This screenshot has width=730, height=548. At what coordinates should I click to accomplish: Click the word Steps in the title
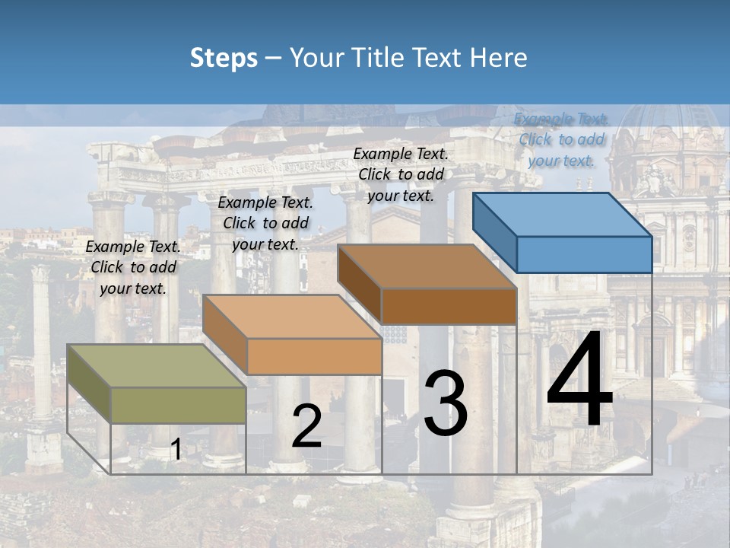[223, 58]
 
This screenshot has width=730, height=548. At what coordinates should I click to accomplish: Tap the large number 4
[579, 381]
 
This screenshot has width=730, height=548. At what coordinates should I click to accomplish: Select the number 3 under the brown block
[446, 403]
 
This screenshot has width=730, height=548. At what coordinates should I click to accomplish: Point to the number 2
[306, 426]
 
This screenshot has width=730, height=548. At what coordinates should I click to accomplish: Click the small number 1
[176, 450]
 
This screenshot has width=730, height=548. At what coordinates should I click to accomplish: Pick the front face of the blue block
[584, 254]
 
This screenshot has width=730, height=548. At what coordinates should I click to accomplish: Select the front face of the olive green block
[178, 405]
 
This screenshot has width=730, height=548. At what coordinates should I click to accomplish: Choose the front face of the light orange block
[314, 356]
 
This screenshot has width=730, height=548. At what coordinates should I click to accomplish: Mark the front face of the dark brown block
[449, 306]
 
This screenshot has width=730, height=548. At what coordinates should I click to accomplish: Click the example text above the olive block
[133, 268]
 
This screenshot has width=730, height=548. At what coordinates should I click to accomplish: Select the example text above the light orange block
[265, 223]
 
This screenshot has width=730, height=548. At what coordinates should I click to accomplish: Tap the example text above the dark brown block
[401, 174]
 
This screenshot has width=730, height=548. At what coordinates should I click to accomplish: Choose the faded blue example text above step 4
[561, 139]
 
